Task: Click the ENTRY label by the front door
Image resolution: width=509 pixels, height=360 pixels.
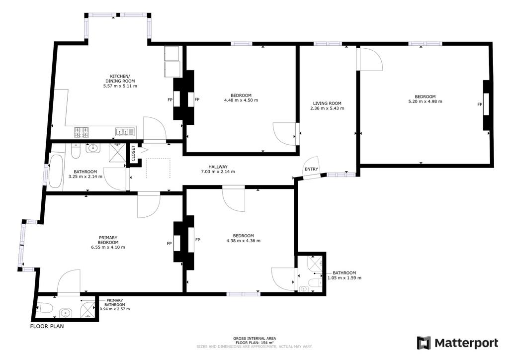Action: point(311,169)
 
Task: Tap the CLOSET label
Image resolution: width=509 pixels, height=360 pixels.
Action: point(133,153)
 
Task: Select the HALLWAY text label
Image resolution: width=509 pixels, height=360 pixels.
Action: point(218,167)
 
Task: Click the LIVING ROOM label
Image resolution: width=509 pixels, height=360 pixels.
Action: point(327,103)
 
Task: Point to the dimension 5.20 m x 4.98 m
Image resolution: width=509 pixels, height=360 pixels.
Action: point(425,101)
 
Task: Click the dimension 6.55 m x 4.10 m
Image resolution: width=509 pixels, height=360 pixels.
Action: point(108,247)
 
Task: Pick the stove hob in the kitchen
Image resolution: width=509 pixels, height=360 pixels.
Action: point(82,132)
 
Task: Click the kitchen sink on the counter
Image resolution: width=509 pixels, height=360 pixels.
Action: point(125,132)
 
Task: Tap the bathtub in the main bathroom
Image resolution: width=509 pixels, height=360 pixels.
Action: point(56,172)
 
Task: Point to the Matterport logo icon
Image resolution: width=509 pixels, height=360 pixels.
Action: point(424,343)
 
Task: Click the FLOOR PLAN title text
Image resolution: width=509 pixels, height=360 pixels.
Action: point(47,326)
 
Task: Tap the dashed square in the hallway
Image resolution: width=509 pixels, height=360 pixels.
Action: point(159,168)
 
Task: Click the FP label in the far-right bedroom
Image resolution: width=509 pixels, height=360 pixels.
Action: point(480,104)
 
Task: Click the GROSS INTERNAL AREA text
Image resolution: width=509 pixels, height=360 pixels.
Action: point(254,339)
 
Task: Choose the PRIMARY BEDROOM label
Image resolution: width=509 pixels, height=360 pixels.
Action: point(108,240)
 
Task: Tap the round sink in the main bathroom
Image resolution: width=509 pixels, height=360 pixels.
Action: point(93,148)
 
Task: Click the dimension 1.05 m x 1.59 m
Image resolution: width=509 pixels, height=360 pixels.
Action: point(344,278)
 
